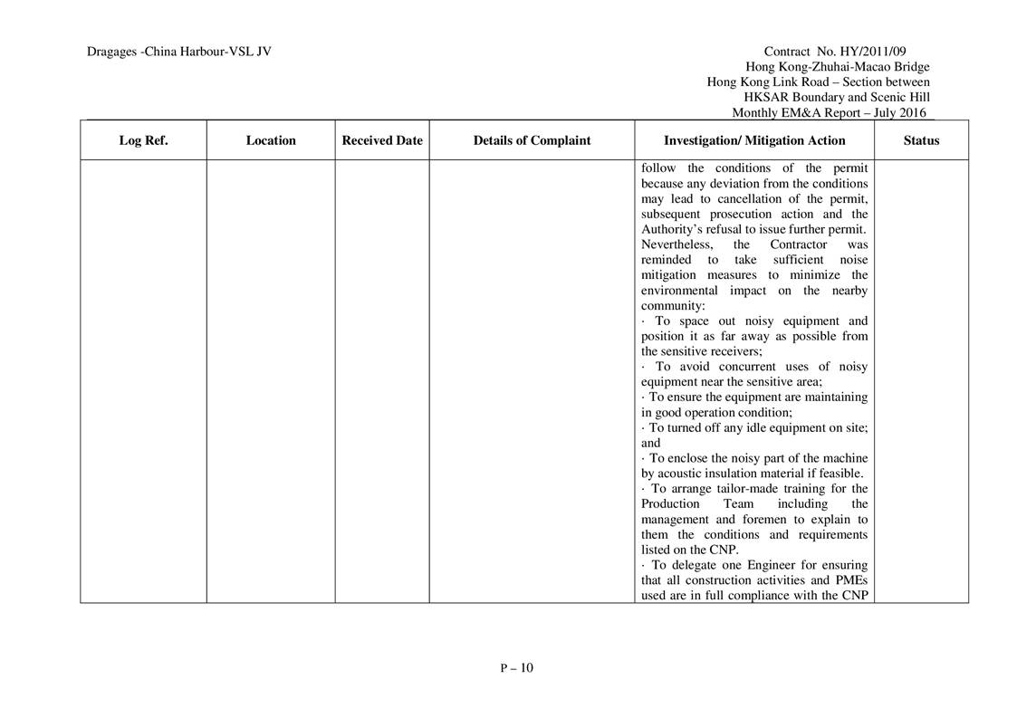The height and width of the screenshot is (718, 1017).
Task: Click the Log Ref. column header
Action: coord(143,140)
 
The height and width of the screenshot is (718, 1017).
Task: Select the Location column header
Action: coord(271,140)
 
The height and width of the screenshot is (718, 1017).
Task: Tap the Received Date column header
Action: coord(382,140)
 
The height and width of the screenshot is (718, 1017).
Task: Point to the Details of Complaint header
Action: coord(532,140)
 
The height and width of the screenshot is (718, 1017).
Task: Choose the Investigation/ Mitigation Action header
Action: coord(754,140)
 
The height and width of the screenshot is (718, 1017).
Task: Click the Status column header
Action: coord(921,140)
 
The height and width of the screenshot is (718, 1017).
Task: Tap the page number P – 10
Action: coord(517,668)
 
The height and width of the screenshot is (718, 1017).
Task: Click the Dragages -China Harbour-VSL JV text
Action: coord(179,52)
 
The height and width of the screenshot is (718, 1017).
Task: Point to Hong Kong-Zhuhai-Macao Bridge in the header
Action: coord(837,67)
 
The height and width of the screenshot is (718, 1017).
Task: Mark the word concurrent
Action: coord(751,367)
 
